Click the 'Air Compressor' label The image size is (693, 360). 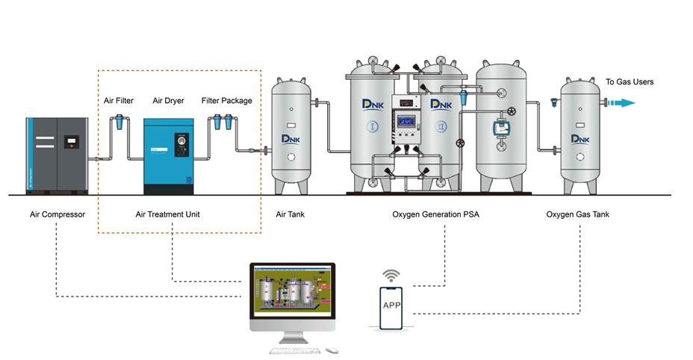click(x=58, y=215)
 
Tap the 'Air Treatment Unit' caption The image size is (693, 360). click(x=167, y=215)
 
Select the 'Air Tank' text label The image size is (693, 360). click(x=290, y=215)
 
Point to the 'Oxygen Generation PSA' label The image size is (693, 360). click(x=436, y=215)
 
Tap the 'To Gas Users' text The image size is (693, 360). click(x=630, y=82)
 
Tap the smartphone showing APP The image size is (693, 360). click(x=392, y=306)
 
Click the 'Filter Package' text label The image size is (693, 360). click(x=227, y=101)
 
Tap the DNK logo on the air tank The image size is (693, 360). click(x=290, y=139)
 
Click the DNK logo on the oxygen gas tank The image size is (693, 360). click(x=580, y=139)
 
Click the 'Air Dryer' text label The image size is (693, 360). click(x=168, y=101)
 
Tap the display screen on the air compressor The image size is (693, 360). click(x=72, y=140)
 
